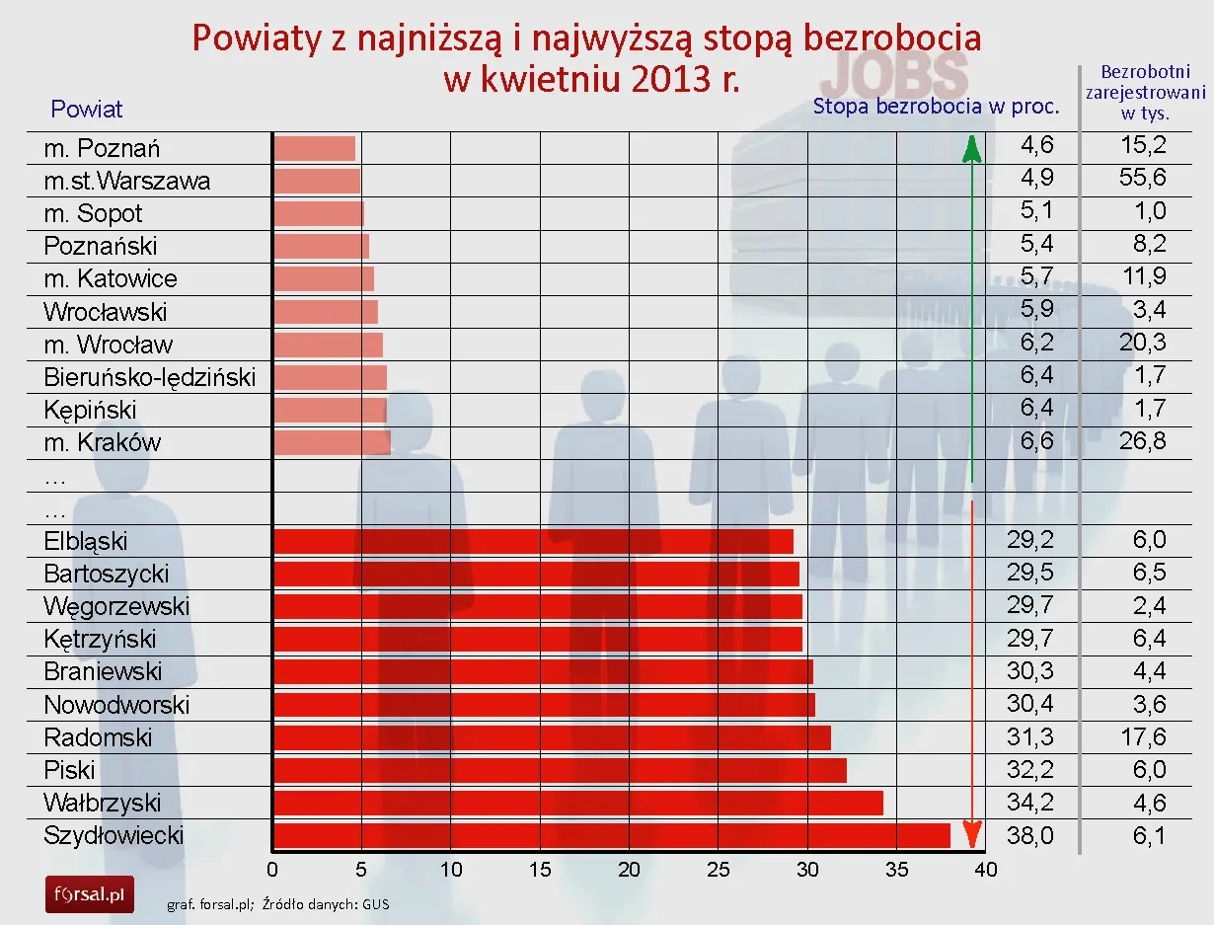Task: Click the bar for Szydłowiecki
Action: (611, 836)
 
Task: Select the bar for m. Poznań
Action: (314, 148)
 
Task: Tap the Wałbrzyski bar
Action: (577, 803)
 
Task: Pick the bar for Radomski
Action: (552, 737)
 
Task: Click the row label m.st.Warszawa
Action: (126, 182)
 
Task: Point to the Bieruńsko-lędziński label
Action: (149, 377)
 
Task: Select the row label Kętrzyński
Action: (100, 639)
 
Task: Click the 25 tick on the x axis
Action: (719, 870)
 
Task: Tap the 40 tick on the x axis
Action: (985, 870)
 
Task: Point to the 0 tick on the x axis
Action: (272, 870)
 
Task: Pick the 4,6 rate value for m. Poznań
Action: (1036, 146)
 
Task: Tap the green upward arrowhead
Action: (972, 149)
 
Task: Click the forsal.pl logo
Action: (89, 894)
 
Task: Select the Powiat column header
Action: (87, 109)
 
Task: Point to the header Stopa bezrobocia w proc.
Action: (936, 107)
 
